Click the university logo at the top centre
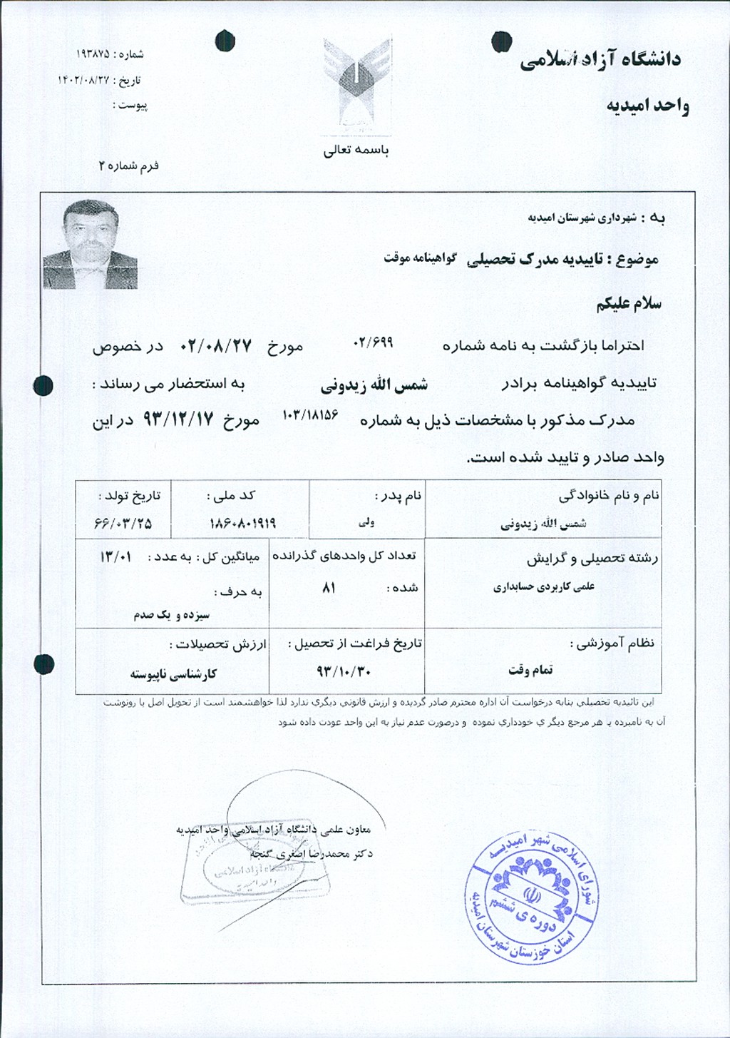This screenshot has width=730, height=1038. tap(356, 84)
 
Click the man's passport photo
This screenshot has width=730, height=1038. tap(90, 244)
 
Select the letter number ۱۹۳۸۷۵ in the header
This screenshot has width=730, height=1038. tap(93, 54)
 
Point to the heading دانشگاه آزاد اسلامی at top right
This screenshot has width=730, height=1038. tap(601, 60)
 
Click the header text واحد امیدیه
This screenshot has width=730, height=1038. tap(647, 106)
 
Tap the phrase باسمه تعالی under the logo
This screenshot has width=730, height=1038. tap(356, 151)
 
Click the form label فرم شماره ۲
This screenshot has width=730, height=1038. tap(129, 166)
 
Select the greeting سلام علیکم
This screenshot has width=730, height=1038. tap(629, 303)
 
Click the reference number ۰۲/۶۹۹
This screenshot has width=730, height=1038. tap(374, 342)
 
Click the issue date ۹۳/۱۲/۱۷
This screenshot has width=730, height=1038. tap(178, 419)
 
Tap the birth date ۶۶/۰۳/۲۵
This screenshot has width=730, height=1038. tap(123, 524)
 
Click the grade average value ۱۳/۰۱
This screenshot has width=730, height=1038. tap(115, 556)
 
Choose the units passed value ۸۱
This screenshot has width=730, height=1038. tap(329, 589)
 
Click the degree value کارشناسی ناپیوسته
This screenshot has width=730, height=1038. tap(173, 673)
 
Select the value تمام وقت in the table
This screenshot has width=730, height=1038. tap(530, 670)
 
